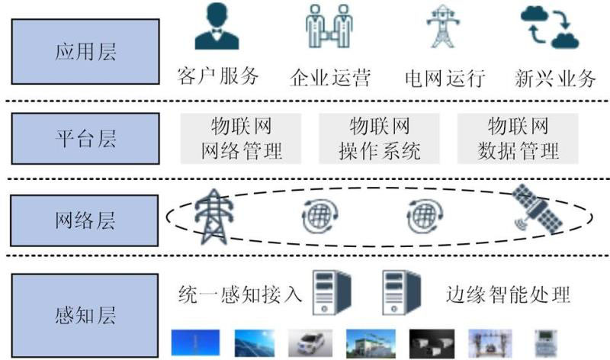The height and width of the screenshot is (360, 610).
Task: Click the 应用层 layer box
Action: (x=85, y=52)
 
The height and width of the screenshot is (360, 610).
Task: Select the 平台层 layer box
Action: (x=85, y=139)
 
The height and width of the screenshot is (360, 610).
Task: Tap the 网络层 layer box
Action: (x=85, y=221)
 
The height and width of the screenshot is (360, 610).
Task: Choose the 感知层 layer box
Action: (x=85, y=315)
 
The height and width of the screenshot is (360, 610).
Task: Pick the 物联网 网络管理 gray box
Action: (x=241, y=138)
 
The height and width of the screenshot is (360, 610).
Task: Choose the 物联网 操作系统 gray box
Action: (x=380, y=138)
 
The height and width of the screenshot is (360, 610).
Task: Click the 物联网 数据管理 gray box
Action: (x=518, y=138)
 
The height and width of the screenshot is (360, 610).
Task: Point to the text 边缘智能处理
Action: (x=508, y=293)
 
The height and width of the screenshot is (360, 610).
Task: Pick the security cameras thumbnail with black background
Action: (x=432, y=343)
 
